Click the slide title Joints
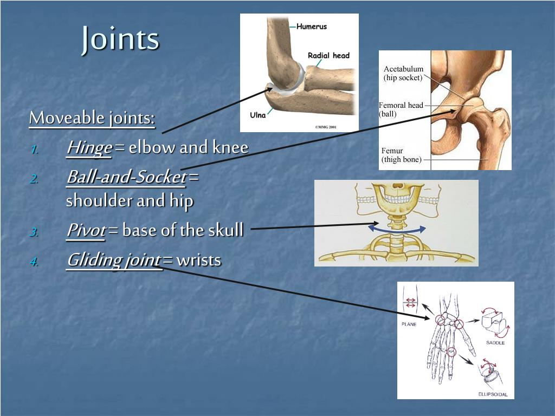pos(120,39)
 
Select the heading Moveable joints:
pos(92,118)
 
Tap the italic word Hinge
pos(89,147)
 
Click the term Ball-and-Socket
pos(126,177)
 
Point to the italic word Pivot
pos(86,230)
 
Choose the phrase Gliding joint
pos(113,260)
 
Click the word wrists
pos(199,260)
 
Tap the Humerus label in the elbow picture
pos(312,27)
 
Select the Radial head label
pos(328,55)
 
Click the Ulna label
pos(258,115)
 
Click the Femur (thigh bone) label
pos(401,155)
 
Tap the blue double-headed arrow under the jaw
pos(397,228)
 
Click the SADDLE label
pos(495,342)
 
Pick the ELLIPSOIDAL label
pos(492,394)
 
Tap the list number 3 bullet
pos(34,232)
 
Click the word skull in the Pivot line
pos(225,230)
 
